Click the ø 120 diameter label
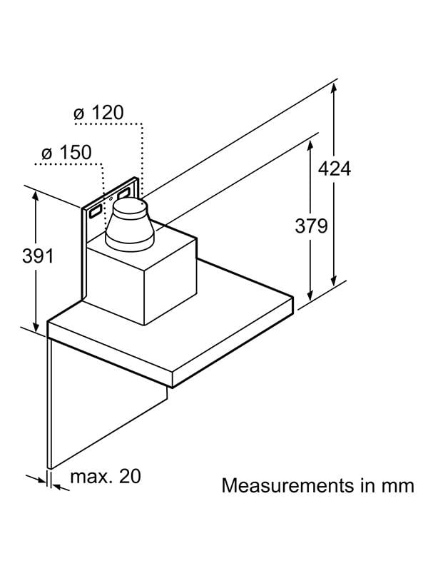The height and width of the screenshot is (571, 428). [98, 113]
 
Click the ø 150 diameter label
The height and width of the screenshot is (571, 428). [66, 152]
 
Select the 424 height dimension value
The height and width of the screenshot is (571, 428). [334, 168]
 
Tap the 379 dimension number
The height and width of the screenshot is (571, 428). [311, 226]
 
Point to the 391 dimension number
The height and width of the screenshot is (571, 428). [39, 256]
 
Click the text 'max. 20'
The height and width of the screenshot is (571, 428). [106, 476]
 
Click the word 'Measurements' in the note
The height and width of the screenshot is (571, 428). [287, 485]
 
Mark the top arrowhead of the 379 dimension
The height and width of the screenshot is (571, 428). [310, 146]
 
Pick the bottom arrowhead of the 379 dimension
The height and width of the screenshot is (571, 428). [310, 294]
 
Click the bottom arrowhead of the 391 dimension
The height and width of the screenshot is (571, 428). [35, 325]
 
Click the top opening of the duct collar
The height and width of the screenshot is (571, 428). [130, 206]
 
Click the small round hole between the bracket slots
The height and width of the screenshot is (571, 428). [111, 199]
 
